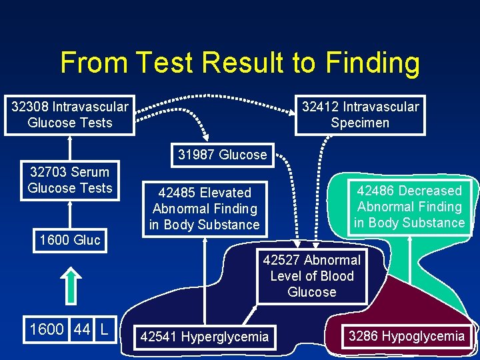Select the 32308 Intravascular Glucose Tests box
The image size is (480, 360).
(x=70, y=115)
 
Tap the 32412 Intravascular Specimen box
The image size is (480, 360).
(x=360, y=115)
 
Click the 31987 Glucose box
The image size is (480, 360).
(x=222, y=155)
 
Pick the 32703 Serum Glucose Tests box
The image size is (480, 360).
(x=70, y=180)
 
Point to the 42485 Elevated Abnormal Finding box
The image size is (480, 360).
(x=204, y=209)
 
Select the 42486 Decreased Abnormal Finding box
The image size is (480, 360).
(x=409, y=207)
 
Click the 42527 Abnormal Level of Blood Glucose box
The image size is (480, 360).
(x=311, y=276)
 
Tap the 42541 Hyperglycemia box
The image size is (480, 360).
(x=204, y=337)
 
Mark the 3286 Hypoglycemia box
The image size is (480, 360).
(x=406, y=336)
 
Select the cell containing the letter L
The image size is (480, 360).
(x=104, y=329)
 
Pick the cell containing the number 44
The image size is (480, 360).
(x=82, y=329)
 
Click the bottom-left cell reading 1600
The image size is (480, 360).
(x=47, y=329)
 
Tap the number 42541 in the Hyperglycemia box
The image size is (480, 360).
(x=159, y=337)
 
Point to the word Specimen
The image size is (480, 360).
(x=360, y=123)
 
